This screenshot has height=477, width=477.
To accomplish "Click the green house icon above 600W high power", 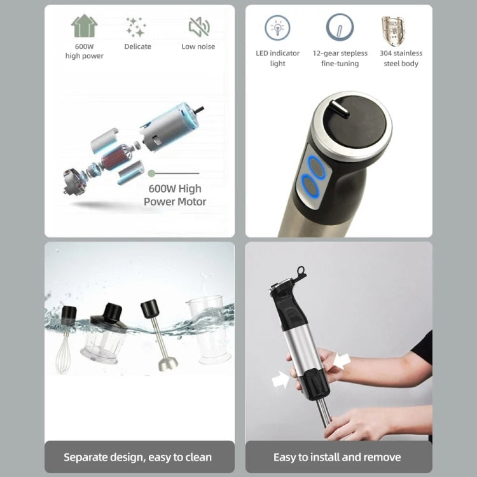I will tap(85, 27).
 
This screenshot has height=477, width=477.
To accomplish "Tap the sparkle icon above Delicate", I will tap(135, 27).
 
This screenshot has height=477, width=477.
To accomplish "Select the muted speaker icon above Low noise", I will tap(198, 27).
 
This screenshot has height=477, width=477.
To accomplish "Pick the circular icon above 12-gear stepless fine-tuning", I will tap(340, 28).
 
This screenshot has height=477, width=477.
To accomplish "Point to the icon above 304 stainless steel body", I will tap(394, 31).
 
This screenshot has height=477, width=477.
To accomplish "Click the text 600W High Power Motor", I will tap(175, 195).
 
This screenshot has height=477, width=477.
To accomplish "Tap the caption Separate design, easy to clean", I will tap(138, 457).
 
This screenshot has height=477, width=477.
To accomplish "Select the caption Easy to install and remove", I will tap(337, 457).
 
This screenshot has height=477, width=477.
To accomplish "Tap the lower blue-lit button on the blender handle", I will tap(312, 186).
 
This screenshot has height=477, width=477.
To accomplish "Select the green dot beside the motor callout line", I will tap(151, 172).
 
